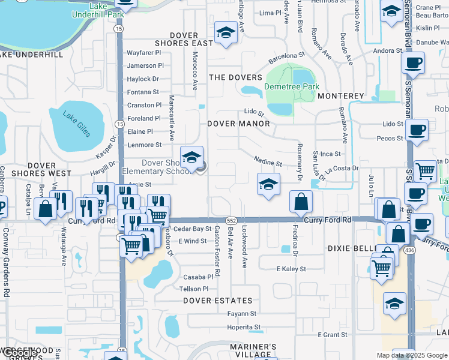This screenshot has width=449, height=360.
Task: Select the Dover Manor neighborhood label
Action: coord(238,124)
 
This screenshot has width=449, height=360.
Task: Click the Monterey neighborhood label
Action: coord(341,96)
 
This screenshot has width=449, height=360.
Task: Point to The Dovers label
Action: coord(235,77)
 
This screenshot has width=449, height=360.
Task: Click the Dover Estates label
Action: coord(218,300)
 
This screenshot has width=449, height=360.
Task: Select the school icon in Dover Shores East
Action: coord(226,33)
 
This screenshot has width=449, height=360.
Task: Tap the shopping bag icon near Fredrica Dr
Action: coord(300,203)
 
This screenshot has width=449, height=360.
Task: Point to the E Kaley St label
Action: coord(291,269)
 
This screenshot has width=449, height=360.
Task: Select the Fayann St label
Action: coord(242,313)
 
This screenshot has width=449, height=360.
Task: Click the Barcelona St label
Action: coord(287,56)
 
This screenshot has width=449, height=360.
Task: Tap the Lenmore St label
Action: coord(144,145)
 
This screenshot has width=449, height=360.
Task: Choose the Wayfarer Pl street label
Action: coord(144,53)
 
